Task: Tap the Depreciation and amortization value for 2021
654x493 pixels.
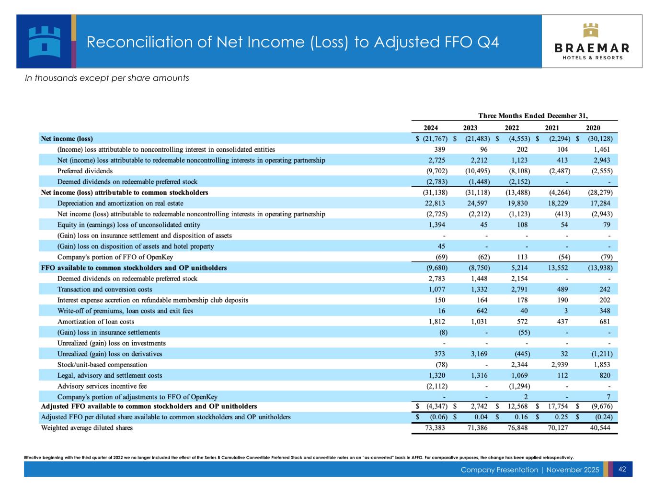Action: click(559, 203)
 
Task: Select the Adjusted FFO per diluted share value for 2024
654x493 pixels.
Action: click(436, 417)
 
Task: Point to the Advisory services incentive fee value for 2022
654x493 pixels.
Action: click(518, 386)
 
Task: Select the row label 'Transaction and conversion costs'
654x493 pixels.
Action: click(104, 289)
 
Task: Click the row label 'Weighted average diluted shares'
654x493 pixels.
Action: click(87, 428)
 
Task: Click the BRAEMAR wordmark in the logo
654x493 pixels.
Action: click(592, 48)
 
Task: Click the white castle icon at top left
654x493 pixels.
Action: click(44, 41)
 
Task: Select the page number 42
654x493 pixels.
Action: click(622, 470)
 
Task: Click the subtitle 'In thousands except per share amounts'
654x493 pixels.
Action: click(107, 78)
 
